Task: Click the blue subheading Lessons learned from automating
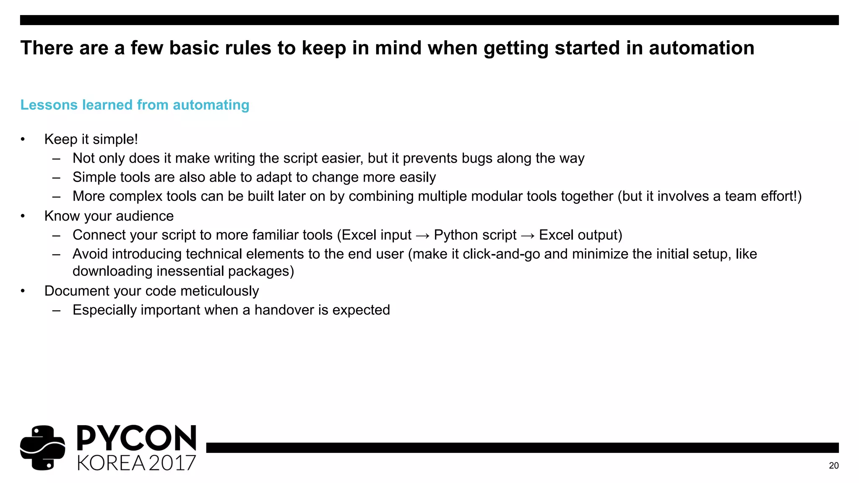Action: tap(135, 105)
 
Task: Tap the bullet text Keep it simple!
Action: tap(91, 139)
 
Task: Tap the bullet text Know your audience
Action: tap(109, 216)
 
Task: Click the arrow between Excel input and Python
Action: tap(422, 236)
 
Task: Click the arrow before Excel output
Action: tap(527, 236)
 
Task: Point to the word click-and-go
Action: tap(501, 254)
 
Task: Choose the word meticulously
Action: tap(219, 291)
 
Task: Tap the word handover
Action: tap(284, 310)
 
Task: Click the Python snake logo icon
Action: tap(42, 448)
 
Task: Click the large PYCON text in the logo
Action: tap(136, 438)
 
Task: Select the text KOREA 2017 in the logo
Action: tap(136, 463)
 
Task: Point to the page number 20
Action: tap(833, 465)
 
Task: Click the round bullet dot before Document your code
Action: tap(23, 291)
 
